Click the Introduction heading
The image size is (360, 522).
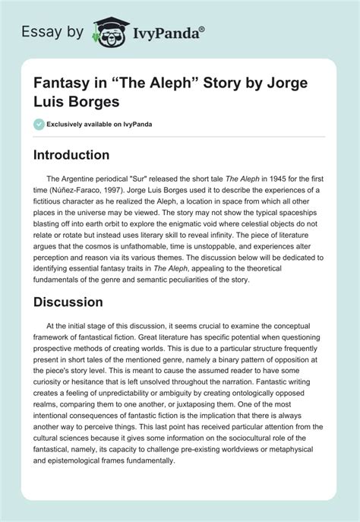point(81,155)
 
